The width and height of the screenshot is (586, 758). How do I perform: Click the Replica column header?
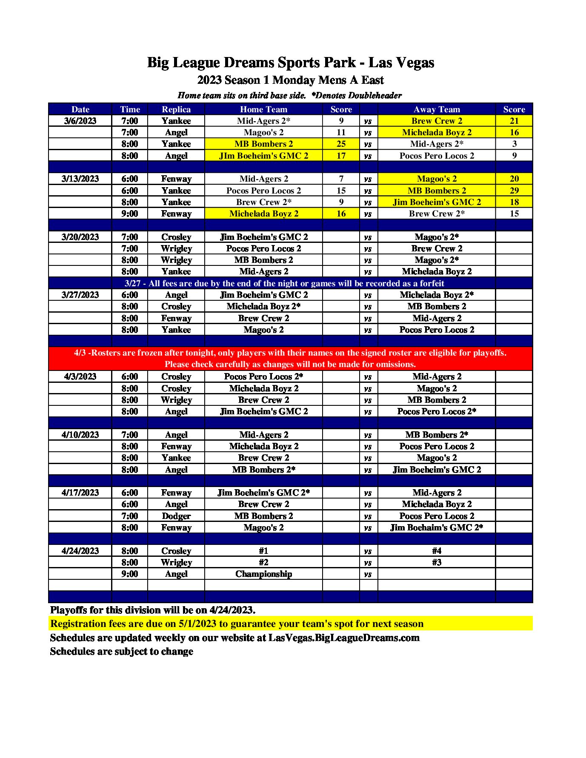coord(176,109)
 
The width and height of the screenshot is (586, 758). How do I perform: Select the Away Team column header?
coord(437,109)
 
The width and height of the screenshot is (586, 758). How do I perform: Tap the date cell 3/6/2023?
coord(80,121)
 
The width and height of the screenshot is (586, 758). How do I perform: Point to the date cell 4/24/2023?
coord(80,551)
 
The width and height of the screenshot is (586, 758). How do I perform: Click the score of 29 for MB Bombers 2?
coord(514,191)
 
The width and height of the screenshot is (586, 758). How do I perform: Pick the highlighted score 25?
coord(341,144)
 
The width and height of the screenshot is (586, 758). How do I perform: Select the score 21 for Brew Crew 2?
coord(514,121)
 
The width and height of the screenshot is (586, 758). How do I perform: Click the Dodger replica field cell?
coord(176,516)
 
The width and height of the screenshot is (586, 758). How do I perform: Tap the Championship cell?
coord(263,574)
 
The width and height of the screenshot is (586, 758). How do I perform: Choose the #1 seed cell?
coord(263,551)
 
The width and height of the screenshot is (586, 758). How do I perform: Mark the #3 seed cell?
coord(437,562)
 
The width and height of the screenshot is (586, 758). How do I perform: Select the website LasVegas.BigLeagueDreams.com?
coord(344,638)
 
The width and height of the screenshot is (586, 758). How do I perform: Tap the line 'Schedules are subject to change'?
coord(122,651)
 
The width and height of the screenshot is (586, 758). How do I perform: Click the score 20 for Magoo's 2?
coord(514,179)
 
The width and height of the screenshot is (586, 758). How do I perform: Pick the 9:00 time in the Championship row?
coord(130,574)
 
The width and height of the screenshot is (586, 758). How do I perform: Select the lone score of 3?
coord(514,144)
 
